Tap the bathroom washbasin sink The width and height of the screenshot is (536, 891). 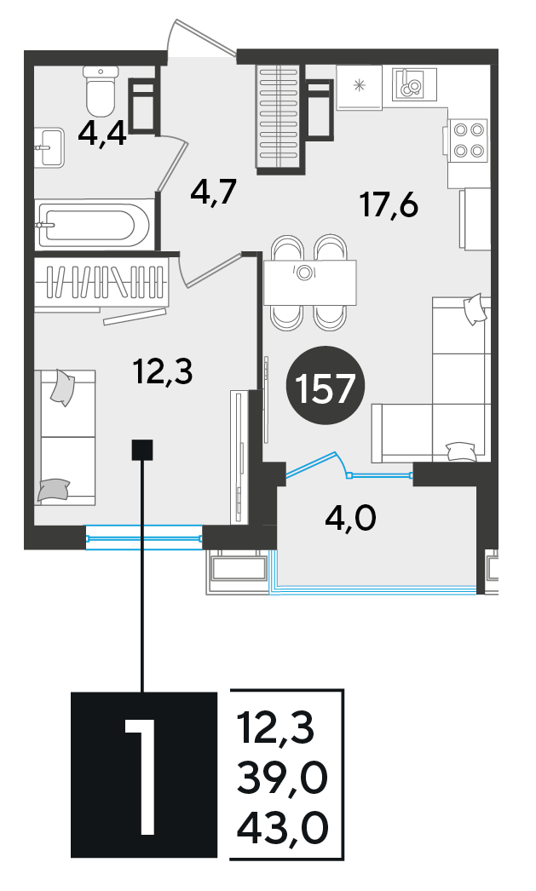coord(49,147)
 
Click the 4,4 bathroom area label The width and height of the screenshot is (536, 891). coord(102,135)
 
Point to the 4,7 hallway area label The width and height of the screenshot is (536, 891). coord(213,193)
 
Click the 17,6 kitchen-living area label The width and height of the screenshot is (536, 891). coord(389,204)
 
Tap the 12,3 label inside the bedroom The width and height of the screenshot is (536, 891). coord(163,372)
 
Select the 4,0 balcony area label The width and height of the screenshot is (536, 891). coord(350,519)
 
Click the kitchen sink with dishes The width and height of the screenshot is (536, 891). coord(414,84)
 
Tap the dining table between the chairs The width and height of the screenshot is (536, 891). coord(310,283)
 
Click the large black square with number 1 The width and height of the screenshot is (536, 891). coord(144,774)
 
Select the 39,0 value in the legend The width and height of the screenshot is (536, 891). coord(283,778)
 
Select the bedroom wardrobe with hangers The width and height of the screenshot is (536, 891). coord(101,284)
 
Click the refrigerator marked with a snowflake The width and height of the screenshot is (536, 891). coord(360,87)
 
